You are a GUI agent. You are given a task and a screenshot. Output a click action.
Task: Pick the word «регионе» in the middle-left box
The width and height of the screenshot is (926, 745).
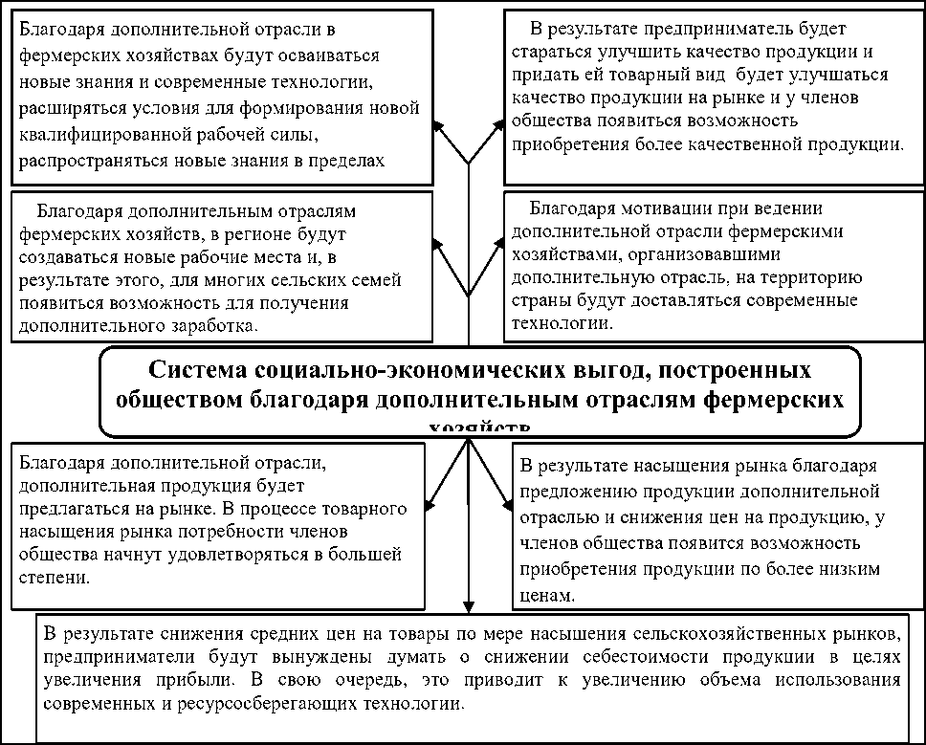click(260, 233)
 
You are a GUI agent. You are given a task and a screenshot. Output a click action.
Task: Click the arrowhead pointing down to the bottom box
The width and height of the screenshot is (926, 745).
click(468, 607)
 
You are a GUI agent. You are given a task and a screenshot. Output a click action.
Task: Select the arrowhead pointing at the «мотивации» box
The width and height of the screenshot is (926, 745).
click(501, 246)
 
